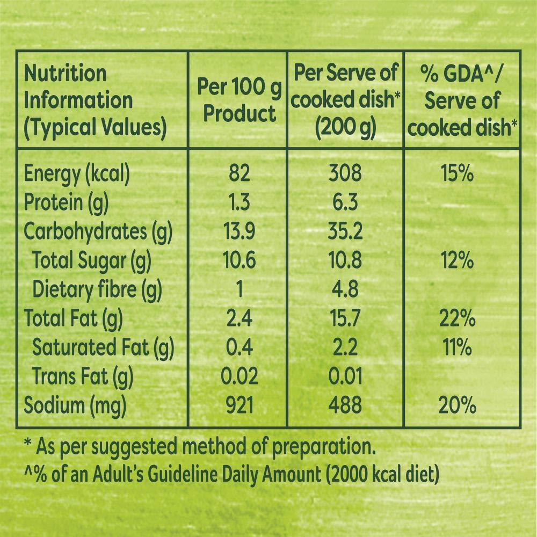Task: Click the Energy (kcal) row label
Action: click(77, 175)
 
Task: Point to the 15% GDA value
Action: click(458, 174)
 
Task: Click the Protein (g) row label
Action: click(67, 204)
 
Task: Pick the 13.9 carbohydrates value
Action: click(240, 232)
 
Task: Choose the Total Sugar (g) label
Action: click(92, 261)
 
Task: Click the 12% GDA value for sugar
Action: click(458, 261)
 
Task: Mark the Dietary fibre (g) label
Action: click(97, 290)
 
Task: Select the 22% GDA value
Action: click(458, 319)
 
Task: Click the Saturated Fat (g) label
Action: click(103, 348)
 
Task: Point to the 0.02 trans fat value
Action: click(240, 376)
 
